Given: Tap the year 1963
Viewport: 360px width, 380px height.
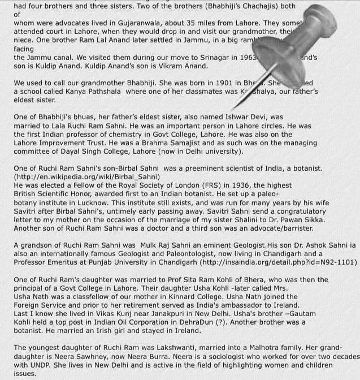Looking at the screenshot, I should tap(248, 58).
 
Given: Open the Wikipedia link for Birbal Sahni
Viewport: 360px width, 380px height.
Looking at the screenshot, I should tap(87, 177).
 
